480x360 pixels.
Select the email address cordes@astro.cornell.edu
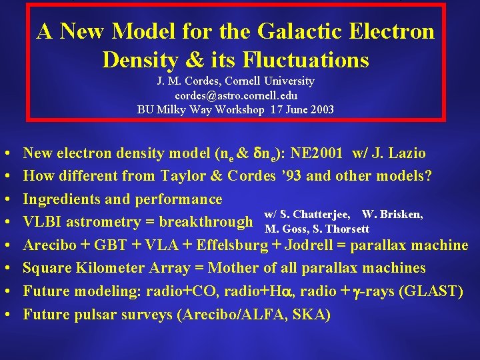(x=236, y=95)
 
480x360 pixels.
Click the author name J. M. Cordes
(x=189, y=81)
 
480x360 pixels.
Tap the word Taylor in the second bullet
(x=183, y=176)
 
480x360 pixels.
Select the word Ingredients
(x=62, y=199)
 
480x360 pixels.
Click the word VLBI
(x=42, y=222)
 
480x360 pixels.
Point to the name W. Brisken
(x=392, y=215)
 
